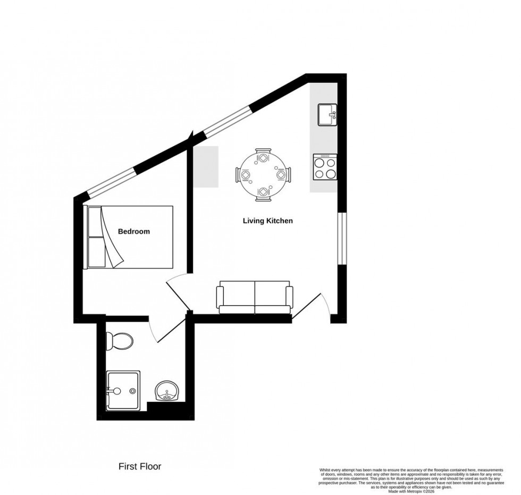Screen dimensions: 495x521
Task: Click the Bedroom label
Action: click(133, 231)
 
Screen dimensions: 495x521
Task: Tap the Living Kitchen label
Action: click(267, 221)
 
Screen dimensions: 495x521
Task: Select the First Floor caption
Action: click(139, 467)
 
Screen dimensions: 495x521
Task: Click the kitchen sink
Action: click(326, 114)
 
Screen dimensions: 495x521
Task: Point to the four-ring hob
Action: click(325, 167)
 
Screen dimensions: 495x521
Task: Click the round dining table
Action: click(264, 174)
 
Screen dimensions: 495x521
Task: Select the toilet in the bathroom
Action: click(117, 340)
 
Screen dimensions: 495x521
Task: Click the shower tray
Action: click(123, 390)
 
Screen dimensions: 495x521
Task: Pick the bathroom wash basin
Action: click(168, 393)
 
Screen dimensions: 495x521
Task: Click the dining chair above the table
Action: click(263, 155)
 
